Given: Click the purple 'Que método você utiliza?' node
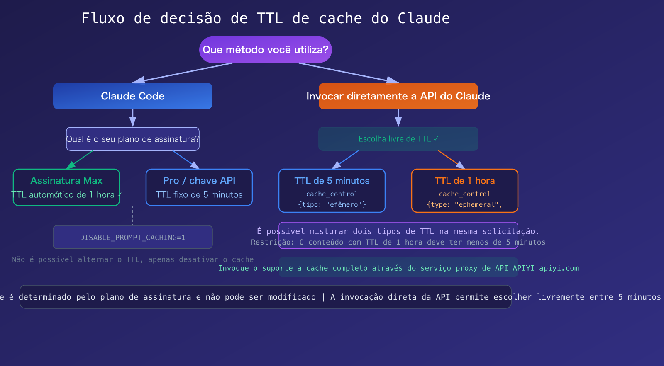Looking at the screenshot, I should pos(266,50).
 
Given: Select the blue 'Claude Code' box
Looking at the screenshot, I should pos(133,96).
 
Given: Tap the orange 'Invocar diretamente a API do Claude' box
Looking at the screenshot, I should pos(398,96).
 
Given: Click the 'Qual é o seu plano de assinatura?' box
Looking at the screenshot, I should pos(133,139).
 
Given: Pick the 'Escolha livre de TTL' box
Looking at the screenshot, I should pos(398,139).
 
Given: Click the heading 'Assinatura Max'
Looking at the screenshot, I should pos(66,181).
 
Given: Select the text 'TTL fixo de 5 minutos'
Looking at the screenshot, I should pos(199,195).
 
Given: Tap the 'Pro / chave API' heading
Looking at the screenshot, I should pos(199,181).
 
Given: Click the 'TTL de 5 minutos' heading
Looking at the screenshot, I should pos(332,181).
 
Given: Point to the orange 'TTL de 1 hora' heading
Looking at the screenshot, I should pos(465,181).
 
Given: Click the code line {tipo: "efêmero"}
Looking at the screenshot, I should pos(332,204).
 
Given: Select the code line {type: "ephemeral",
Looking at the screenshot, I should pos(465,204).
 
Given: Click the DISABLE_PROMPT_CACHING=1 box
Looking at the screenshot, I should pos(133,238).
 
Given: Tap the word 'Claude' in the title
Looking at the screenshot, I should pos(424,18).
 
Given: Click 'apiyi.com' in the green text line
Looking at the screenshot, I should pos(559,268).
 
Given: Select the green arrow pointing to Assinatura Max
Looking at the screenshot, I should pos(80,160).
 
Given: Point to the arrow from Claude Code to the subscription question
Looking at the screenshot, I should pos(133,118).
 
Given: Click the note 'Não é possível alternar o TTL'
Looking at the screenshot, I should pos(132,259).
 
